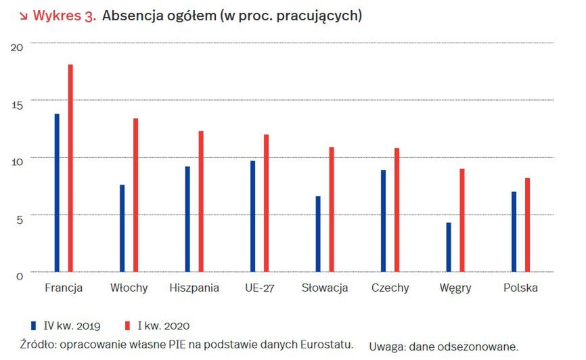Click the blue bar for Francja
[57, 193]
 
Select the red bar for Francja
[70, 168]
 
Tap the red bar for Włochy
[135, 195]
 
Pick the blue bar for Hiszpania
[187, 219]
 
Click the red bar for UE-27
[267, 203]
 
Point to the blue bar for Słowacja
[318, 234]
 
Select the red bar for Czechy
[397, 210]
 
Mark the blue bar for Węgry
[449, 247]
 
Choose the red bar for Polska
[528, 225]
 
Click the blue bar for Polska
[514, 231]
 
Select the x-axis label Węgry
[455, 288]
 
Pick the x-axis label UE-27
[260, 288]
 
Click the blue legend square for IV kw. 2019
[33, 325]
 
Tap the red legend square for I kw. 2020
[129, 325]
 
